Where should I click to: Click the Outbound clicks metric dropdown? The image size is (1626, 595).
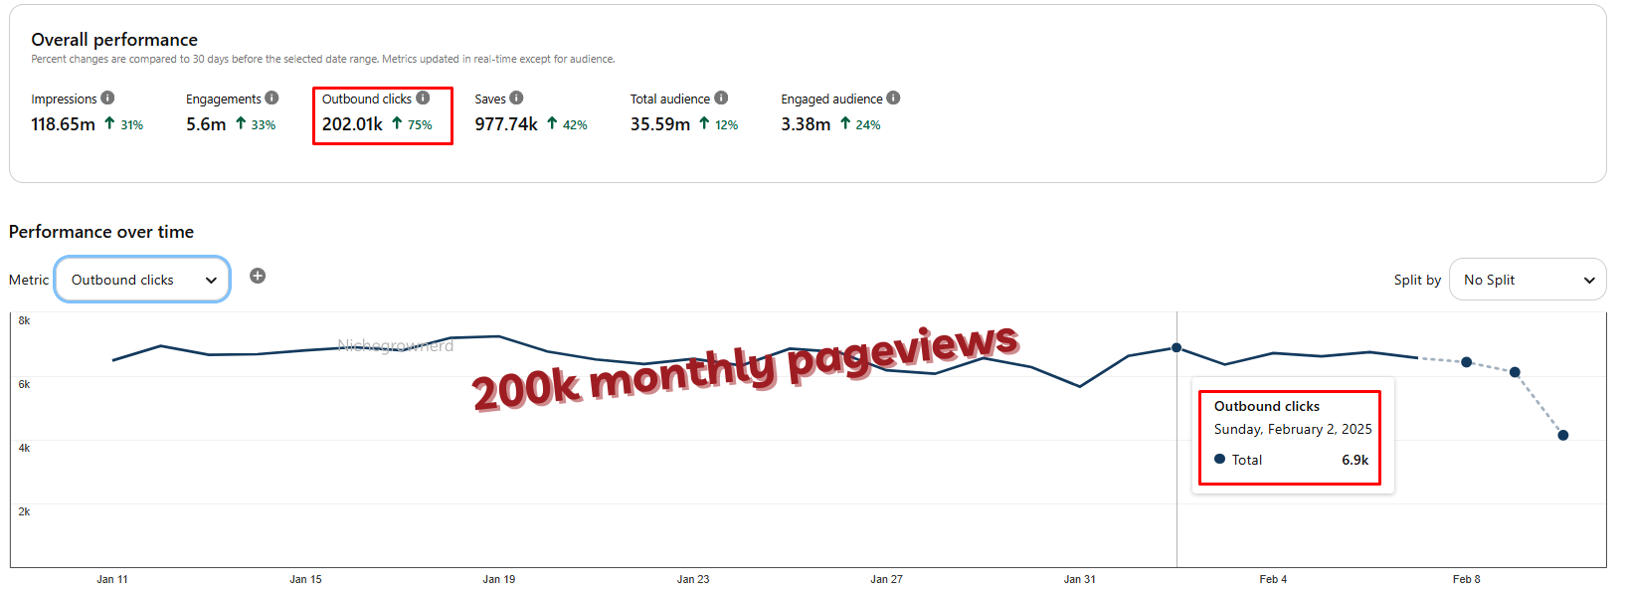click(141, 280)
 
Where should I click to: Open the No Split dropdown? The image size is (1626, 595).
click(1528, 280)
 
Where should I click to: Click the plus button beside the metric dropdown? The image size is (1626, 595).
click(258, 276)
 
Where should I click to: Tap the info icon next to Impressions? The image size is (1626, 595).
click(107, 98)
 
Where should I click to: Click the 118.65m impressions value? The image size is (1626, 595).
click(63, 124)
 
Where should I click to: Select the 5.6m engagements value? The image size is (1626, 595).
click(206, 124)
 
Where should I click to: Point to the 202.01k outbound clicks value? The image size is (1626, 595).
click(352, 124)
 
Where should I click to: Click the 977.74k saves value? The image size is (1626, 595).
click(506, 124)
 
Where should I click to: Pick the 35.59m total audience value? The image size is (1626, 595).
click(660, 124)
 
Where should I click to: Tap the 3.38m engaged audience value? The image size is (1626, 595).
click(806, 124)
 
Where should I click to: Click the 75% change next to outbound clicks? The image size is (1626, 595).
click(420, 125)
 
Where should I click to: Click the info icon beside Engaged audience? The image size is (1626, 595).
click(893, 98)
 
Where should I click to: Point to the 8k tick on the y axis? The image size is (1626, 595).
click(24, 320)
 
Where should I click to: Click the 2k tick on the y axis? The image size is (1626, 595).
click(24, 511)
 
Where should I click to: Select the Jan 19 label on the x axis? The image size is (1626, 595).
click(499, 579)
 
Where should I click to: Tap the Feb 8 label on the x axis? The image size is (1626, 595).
click(1466, 579)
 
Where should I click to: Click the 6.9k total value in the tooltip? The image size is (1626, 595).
click(1355, 460)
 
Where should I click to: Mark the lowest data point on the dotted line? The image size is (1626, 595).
click(1563, 435)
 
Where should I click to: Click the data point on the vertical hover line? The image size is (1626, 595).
click(1176, 348)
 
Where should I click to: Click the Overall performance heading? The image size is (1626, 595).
click(114, 40)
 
